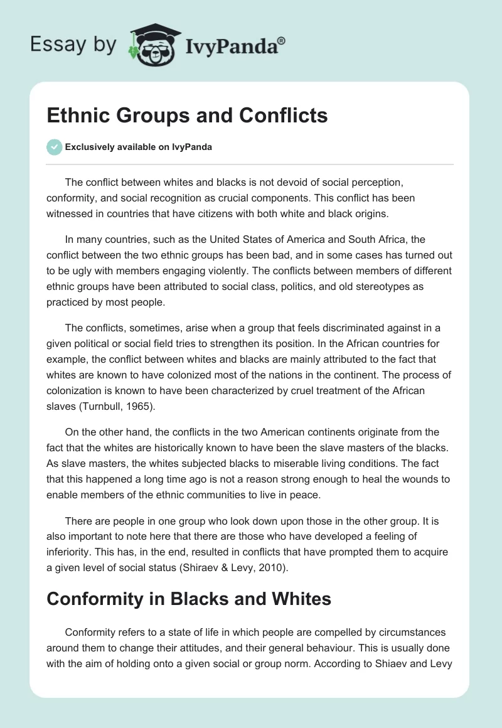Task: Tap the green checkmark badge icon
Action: coord(54,147)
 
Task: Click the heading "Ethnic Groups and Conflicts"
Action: coord(187,115)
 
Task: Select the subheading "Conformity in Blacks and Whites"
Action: coord(188,599)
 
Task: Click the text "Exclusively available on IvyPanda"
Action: coord(139,147)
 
